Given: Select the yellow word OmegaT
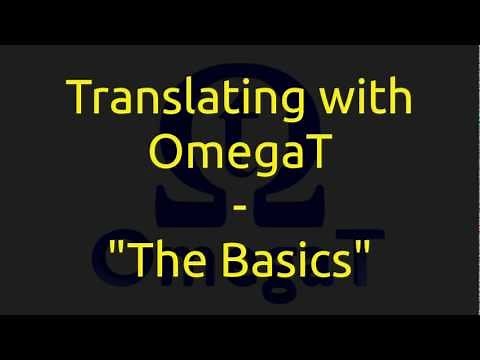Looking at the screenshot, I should point(240,155).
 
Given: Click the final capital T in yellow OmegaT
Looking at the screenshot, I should point(313,155).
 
